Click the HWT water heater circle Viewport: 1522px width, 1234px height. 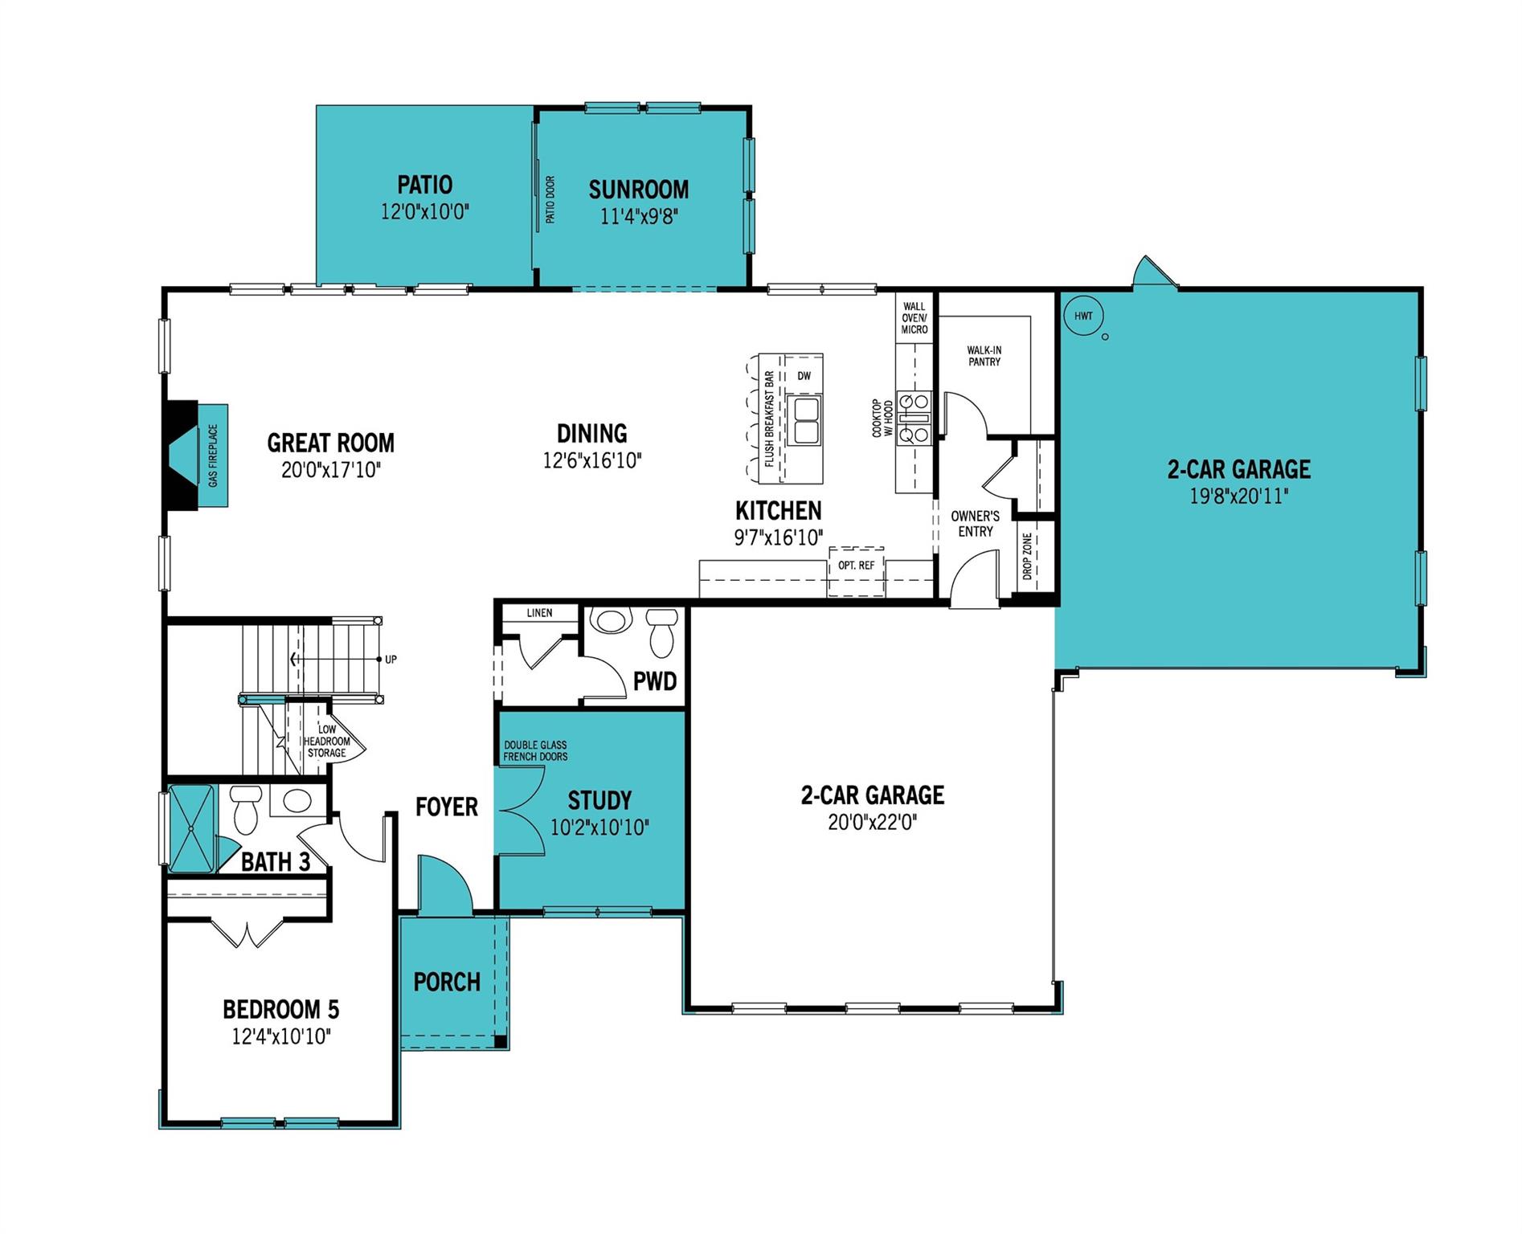(1083, 316)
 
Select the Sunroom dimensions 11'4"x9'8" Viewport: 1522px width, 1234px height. (639, 216)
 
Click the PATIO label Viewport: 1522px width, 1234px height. (424, 185)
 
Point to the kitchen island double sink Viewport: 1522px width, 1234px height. (804, 419)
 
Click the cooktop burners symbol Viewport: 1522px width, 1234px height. (914, 418)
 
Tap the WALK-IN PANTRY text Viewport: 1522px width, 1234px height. (984, 356)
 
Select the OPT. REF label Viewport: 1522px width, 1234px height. (856, 566)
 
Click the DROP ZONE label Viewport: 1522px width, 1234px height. (1027, 557)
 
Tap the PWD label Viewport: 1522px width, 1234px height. (655, 682)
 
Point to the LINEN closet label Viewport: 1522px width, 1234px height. (539, 613)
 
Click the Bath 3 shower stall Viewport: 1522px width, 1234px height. (191, 827)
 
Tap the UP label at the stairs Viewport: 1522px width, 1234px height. (391, 660)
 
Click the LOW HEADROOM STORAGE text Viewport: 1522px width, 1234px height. (326, 742)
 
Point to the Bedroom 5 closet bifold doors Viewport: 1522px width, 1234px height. (248, 933)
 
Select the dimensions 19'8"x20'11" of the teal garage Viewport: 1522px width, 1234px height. (1238, 496)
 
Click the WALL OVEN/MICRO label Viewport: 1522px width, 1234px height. (914, 318)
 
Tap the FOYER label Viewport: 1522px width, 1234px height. (446, 807)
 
